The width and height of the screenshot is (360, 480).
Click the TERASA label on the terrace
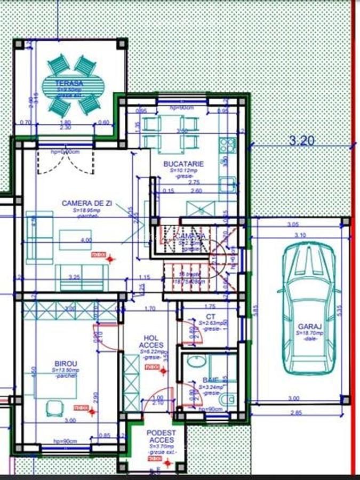point(70,83)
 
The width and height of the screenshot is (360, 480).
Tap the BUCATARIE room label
point(183,165)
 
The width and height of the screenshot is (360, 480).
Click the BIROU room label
point(65,364)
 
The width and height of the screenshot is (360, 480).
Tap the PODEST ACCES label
point(161,436)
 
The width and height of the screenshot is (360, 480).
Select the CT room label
point(212,316)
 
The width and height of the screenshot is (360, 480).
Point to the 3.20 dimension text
point(301,141)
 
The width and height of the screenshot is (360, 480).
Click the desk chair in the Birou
point(55,408)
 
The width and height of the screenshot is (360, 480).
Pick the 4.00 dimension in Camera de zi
point(85,240)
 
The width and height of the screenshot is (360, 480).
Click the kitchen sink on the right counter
point(228,185)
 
